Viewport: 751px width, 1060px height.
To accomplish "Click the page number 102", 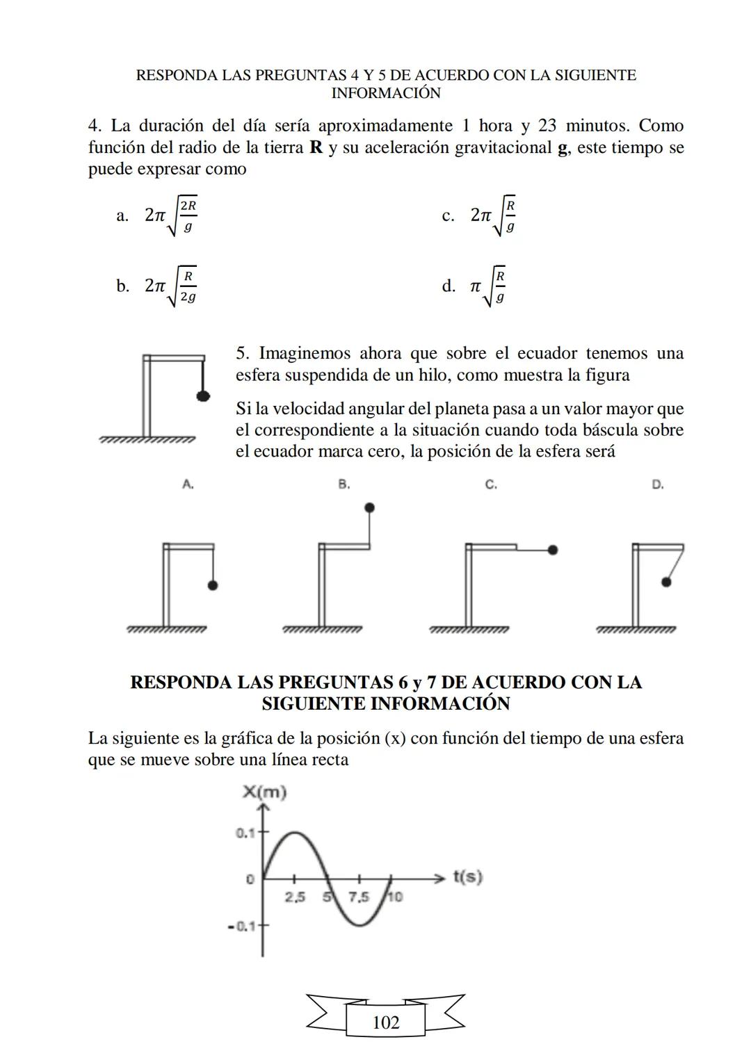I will click(386, 1022).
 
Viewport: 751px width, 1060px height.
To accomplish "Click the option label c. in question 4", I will click(449, 215).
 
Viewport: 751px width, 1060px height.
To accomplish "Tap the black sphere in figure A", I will click(212, 585).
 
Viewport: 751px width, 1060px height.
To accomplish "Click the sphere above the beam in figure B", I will click(369, 507).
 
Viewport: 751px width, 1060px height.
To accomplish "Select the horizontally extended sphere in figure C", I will click(552, 550).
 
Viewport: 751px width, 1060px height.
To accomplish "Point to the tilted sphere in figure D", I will click(666, 582).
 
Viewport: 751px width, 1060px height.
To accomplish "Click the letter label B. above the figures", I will click(344, 484).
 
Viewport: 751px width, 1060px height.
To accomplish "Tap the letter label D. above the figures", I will click(658, 484).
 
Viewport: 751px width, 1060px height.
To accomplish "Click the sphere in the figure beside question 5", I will click(203, 396).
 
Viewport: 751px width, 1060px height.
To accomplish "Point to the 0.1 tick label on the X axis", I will click(245, 832).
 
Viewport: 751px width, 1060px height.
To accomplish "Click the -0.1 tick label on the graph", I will click(242, 926).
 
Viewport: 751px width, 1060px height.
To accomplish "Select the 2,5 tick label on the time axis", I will click(295, 897).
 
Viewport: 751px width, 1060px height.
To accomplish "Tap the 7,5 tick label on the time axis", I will click(359, 897).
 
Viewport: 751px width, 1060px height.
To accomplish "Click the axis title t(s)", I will click(467, 876).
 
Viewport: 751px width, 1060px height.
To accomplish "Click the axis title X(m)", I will click(264, 792).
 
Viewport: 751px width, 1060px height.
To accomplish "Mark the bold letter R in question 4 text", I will click(316, 147).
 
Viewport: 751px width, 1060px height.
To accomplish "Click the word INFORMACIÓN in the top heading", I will click(386, 93).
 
